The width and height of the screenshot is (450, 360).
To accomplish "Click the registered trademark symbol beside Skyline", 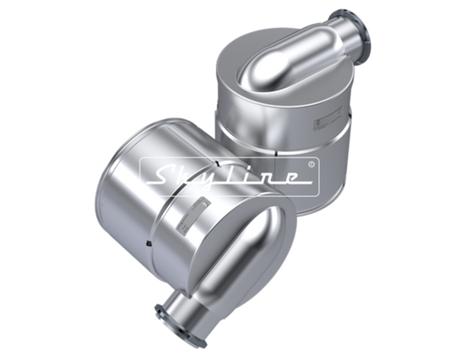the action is (x=312, y=164).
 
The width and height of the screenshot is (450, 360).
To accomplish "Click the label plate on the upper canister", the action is (x=328, y=118).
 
